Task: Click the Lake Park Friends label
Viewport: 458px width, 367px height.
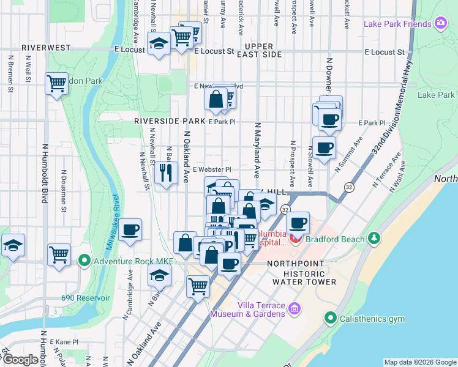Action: (x=397, y=24)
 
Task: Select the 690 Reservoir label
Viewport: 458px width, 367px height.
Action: (x=85, y=298)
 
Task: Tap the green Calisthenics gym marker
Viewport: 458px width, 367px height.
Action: (x=331, y=318)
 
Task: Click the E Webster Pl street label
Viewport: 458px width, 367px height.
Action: (x=212, y=169)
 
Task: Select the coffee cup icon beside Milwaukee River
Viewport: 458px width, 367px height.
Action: (x=130, y=230)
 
